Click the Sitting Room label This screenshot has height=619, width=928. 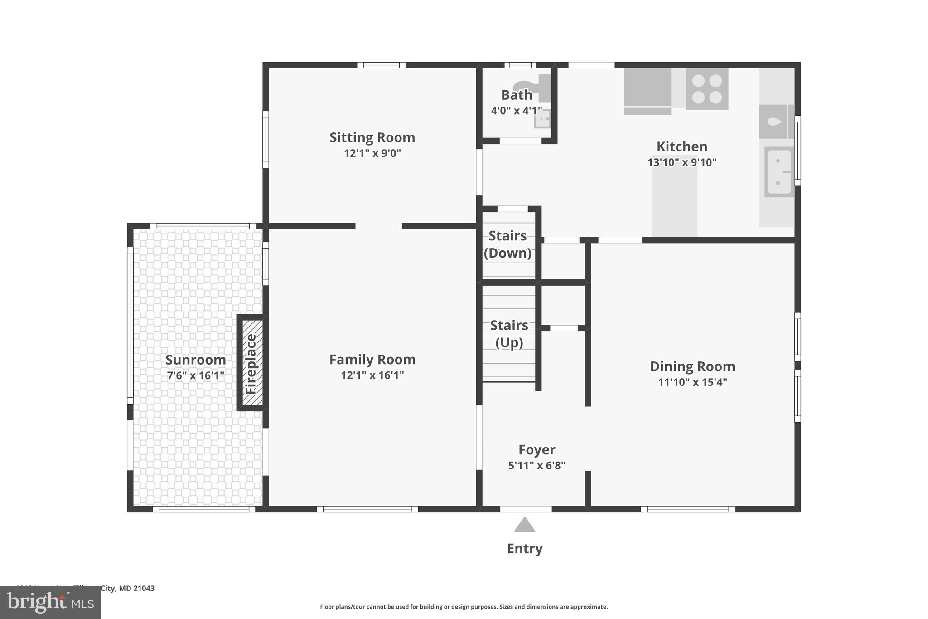pos(372,137)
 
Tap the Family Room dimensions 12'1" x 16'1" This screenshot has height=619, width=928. pos(372,375)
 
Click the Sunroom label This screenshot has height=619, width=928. pos(195,360)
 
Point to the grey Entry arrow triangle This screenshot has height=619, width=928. pos(524,526)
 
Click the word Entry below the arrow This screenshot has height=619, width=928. pos(524,549)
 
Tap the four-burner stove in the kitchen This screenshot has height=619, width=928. pos(706,89)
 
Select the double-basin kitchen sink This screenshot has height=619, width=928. pos(779,172)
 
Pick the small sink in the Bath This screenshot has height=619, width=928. pos(542,119)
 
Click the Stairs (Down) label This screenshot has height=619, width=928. pos(507,244)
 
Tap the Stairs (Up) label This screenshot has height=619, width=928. pos(509,334)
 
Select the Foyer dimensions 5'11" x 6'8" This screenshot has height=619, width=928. pos(536,465)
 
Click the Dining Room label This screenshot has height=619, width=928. pos(692,366)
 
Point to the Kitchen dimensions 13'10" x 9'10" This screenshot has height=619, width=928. pos(681,162)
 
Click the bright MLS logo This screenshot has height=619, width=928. pos(50,603)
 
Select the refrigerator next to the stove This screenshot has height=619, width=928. pos(647,91)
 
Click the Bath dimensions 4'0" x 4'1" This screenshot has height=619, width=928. pos(516,111)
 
